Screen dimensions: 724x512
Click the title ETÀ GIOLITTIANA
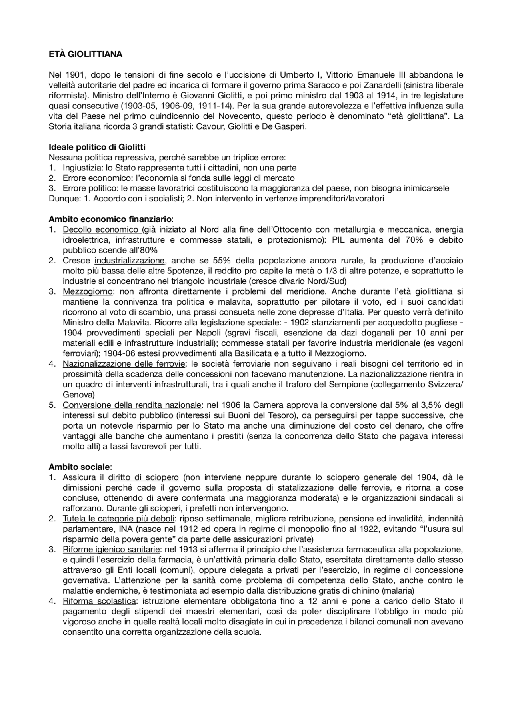(85, 54)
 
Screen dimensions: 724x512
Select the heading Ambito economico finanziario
(110, 219)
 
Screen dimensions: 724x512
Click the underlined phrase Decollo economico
(100, 229)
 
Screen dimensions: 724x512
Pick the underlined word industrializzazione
(130, 261)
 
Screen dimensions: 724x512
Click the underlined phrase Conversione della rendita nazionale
(131, 405)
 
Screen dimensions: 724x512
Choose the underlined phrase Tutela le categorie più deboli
(118, 519)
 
